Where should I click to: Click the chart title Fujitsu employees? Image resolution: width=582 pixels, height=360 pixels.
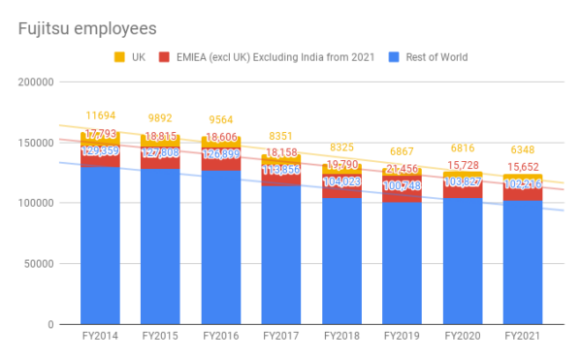(x=87, y=28)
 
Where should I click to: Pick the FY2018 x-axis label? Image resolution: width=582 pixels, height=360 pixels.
(x=341, y=335)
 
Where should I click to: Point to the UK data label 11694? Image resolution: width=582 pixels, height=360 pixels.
(x=100, y=116)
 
